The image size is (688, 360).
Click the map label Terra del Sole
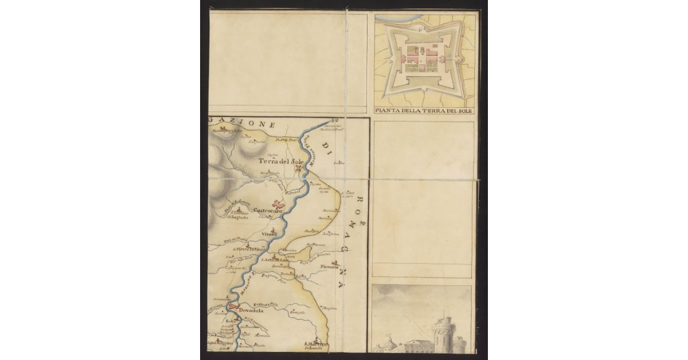(x=280, y=162)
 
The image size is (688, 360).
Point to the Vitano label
(x=269, y=234)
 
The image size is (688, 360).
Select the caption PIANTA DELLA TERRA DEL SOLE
(x=423, y=111)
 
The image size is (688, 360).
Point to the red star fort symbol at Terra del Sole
(x=298, y=170)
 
